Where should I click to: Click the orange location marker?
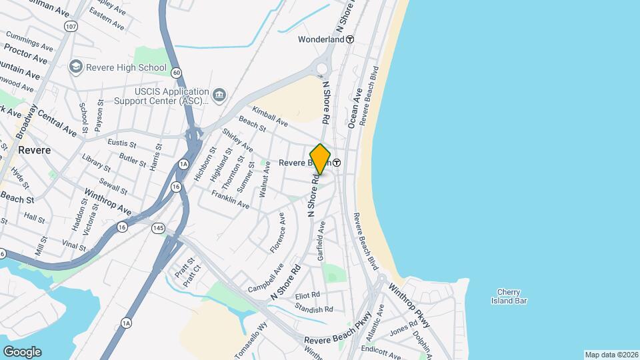[320, 159]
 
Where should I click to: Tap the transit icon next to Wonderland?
[350, 39]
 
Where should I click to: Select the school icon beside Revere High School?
[75, 67]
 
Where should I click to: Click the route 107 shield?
[71, 26]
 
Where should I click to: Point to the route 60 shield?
[176, 72]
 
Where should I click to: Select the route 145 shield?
[158, 228]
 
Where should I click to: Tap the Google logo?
[22, 352]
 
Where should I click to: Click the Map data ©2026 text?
[611, 355]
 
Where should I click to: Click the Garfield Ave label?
[321, 241]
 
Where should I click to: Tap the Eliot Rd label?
[307, 295]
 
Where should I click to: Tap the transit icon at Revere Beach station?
[337, 163]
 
